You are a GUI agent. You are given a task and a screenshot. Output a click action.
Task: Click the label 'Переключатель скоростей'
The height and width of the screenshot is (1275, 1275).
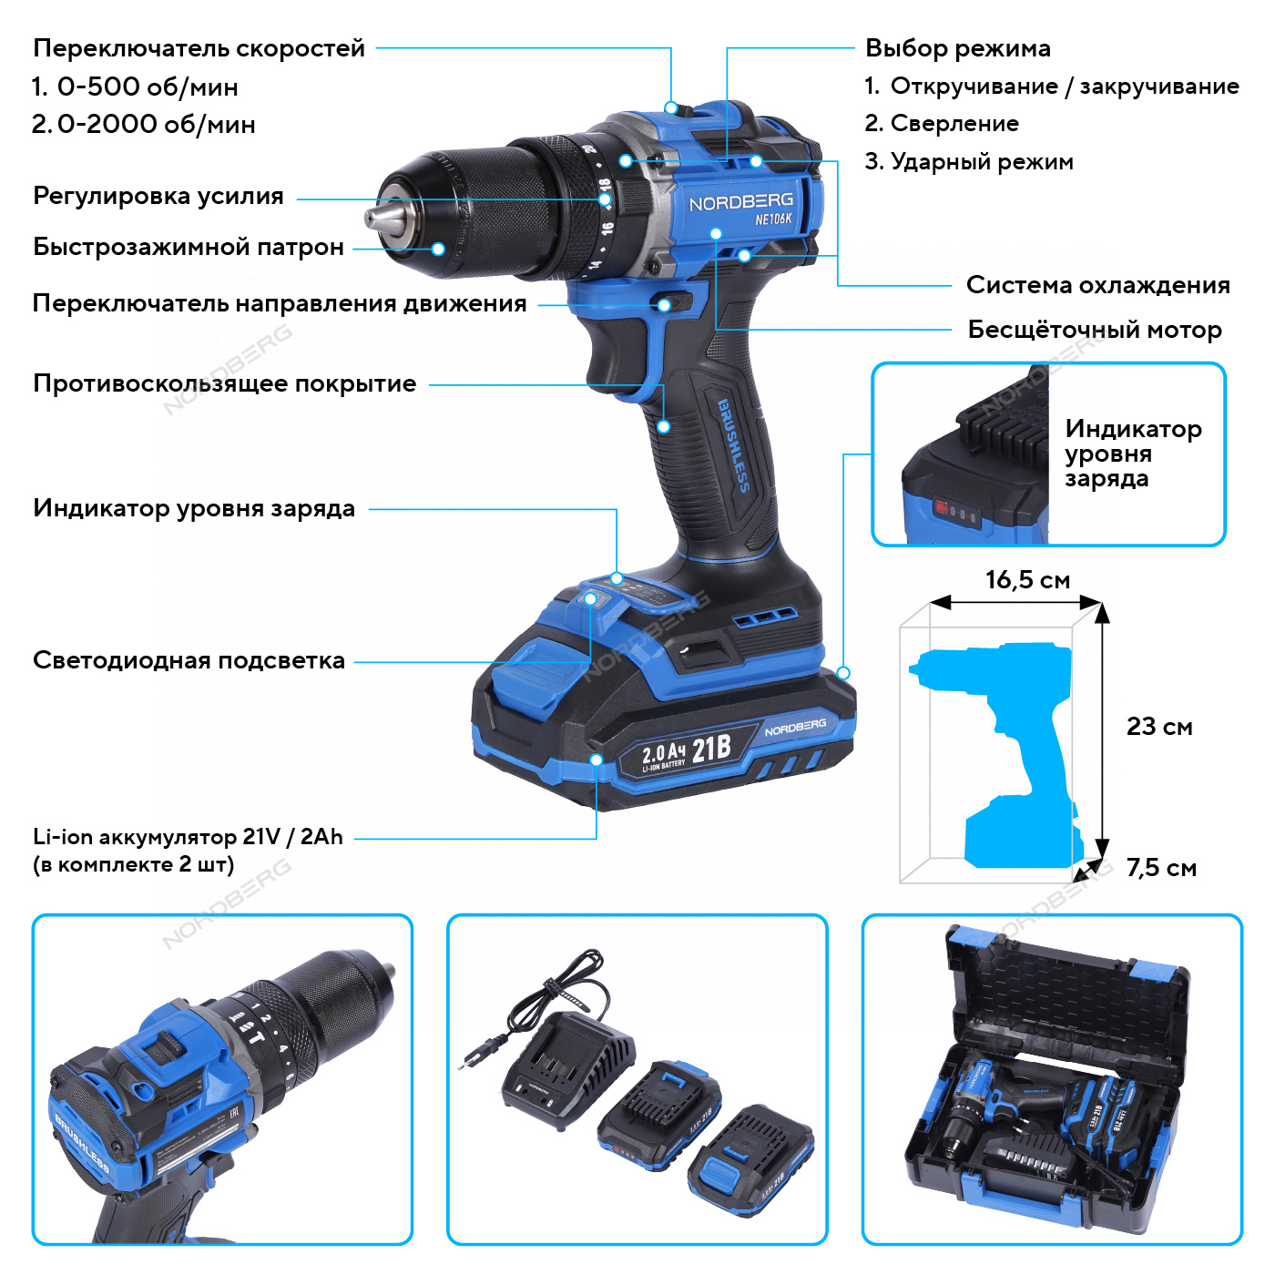tap(199, 48)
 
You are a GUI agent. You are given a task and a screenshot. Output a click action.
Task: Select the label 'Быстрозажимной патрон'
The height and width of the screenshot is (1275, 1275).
tap(188, 247)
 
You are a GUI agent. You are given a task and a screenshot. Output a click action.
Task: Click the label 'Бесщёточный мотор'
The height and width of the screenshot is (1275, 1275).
tap(1094, 330)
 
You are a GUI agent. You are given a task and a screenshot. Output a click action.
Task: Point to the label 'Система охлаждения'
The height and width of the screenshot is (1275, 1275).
tap(1097, 285)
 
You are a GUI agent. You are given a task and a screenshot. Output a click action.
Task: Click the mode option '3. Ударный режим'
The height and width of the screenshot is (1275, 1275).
tap(969, 162)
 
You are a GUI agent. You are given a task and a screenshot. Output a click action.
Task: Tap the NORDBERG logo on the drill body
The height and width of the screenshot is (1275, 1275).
tap(740, 202)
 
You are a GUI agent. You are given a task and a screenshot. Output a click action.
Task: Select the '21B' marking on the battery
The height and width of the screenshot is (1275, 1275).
tap(711, 749)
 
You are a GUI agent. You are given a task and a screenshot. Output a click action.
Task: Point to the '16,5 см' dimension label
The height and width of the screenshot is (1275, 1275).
tap(1027, 580)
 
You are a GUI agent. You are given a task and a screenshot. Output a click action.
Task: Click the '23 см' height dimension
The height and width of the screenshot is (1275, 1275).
tap(1158, 727)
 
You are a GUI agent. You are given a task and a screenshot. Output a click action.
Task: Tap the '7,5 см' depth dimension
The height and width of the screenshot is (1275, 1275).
tap(1161, 868)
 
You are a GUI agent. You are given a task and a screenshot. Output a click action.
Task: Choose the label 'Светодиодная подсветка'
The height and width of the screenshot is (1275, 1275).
tap(189, 660)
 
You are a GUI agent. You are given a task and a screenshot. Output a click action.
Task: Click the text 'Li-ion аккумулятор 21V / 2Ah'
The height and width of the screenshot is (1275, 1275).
tap(188, 837)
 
